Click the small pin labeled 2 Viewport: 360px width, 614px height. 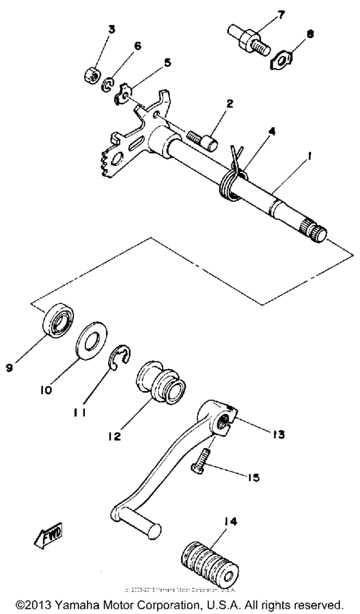tap(202, 138)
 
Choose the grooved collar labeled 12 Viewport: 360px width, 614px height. tap(161, 388)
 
